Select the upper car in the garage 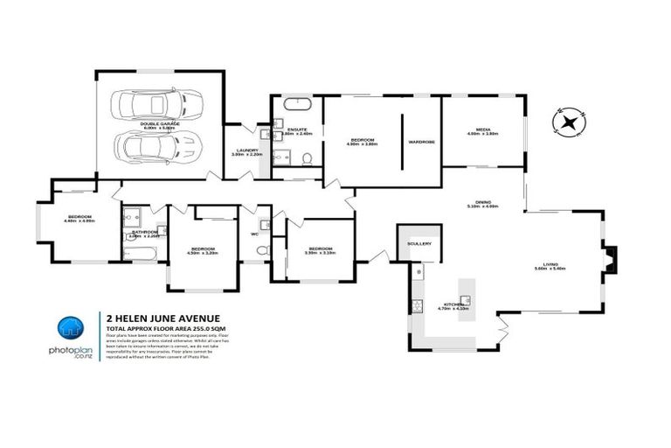150,105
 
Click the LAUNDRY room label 247,152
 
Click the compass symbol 569,123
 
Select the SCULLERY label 419,244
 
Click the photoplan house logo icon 73,330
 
